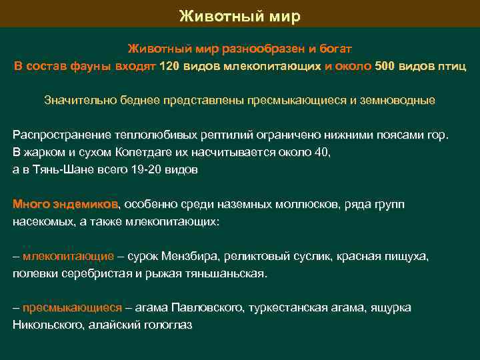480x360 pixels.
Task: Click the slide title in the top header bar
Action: coord(240,15)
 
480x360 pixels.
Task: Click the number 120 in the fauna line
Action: coord(169,66)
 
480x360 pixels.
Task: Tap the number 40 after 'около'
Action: coord(322,152)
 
